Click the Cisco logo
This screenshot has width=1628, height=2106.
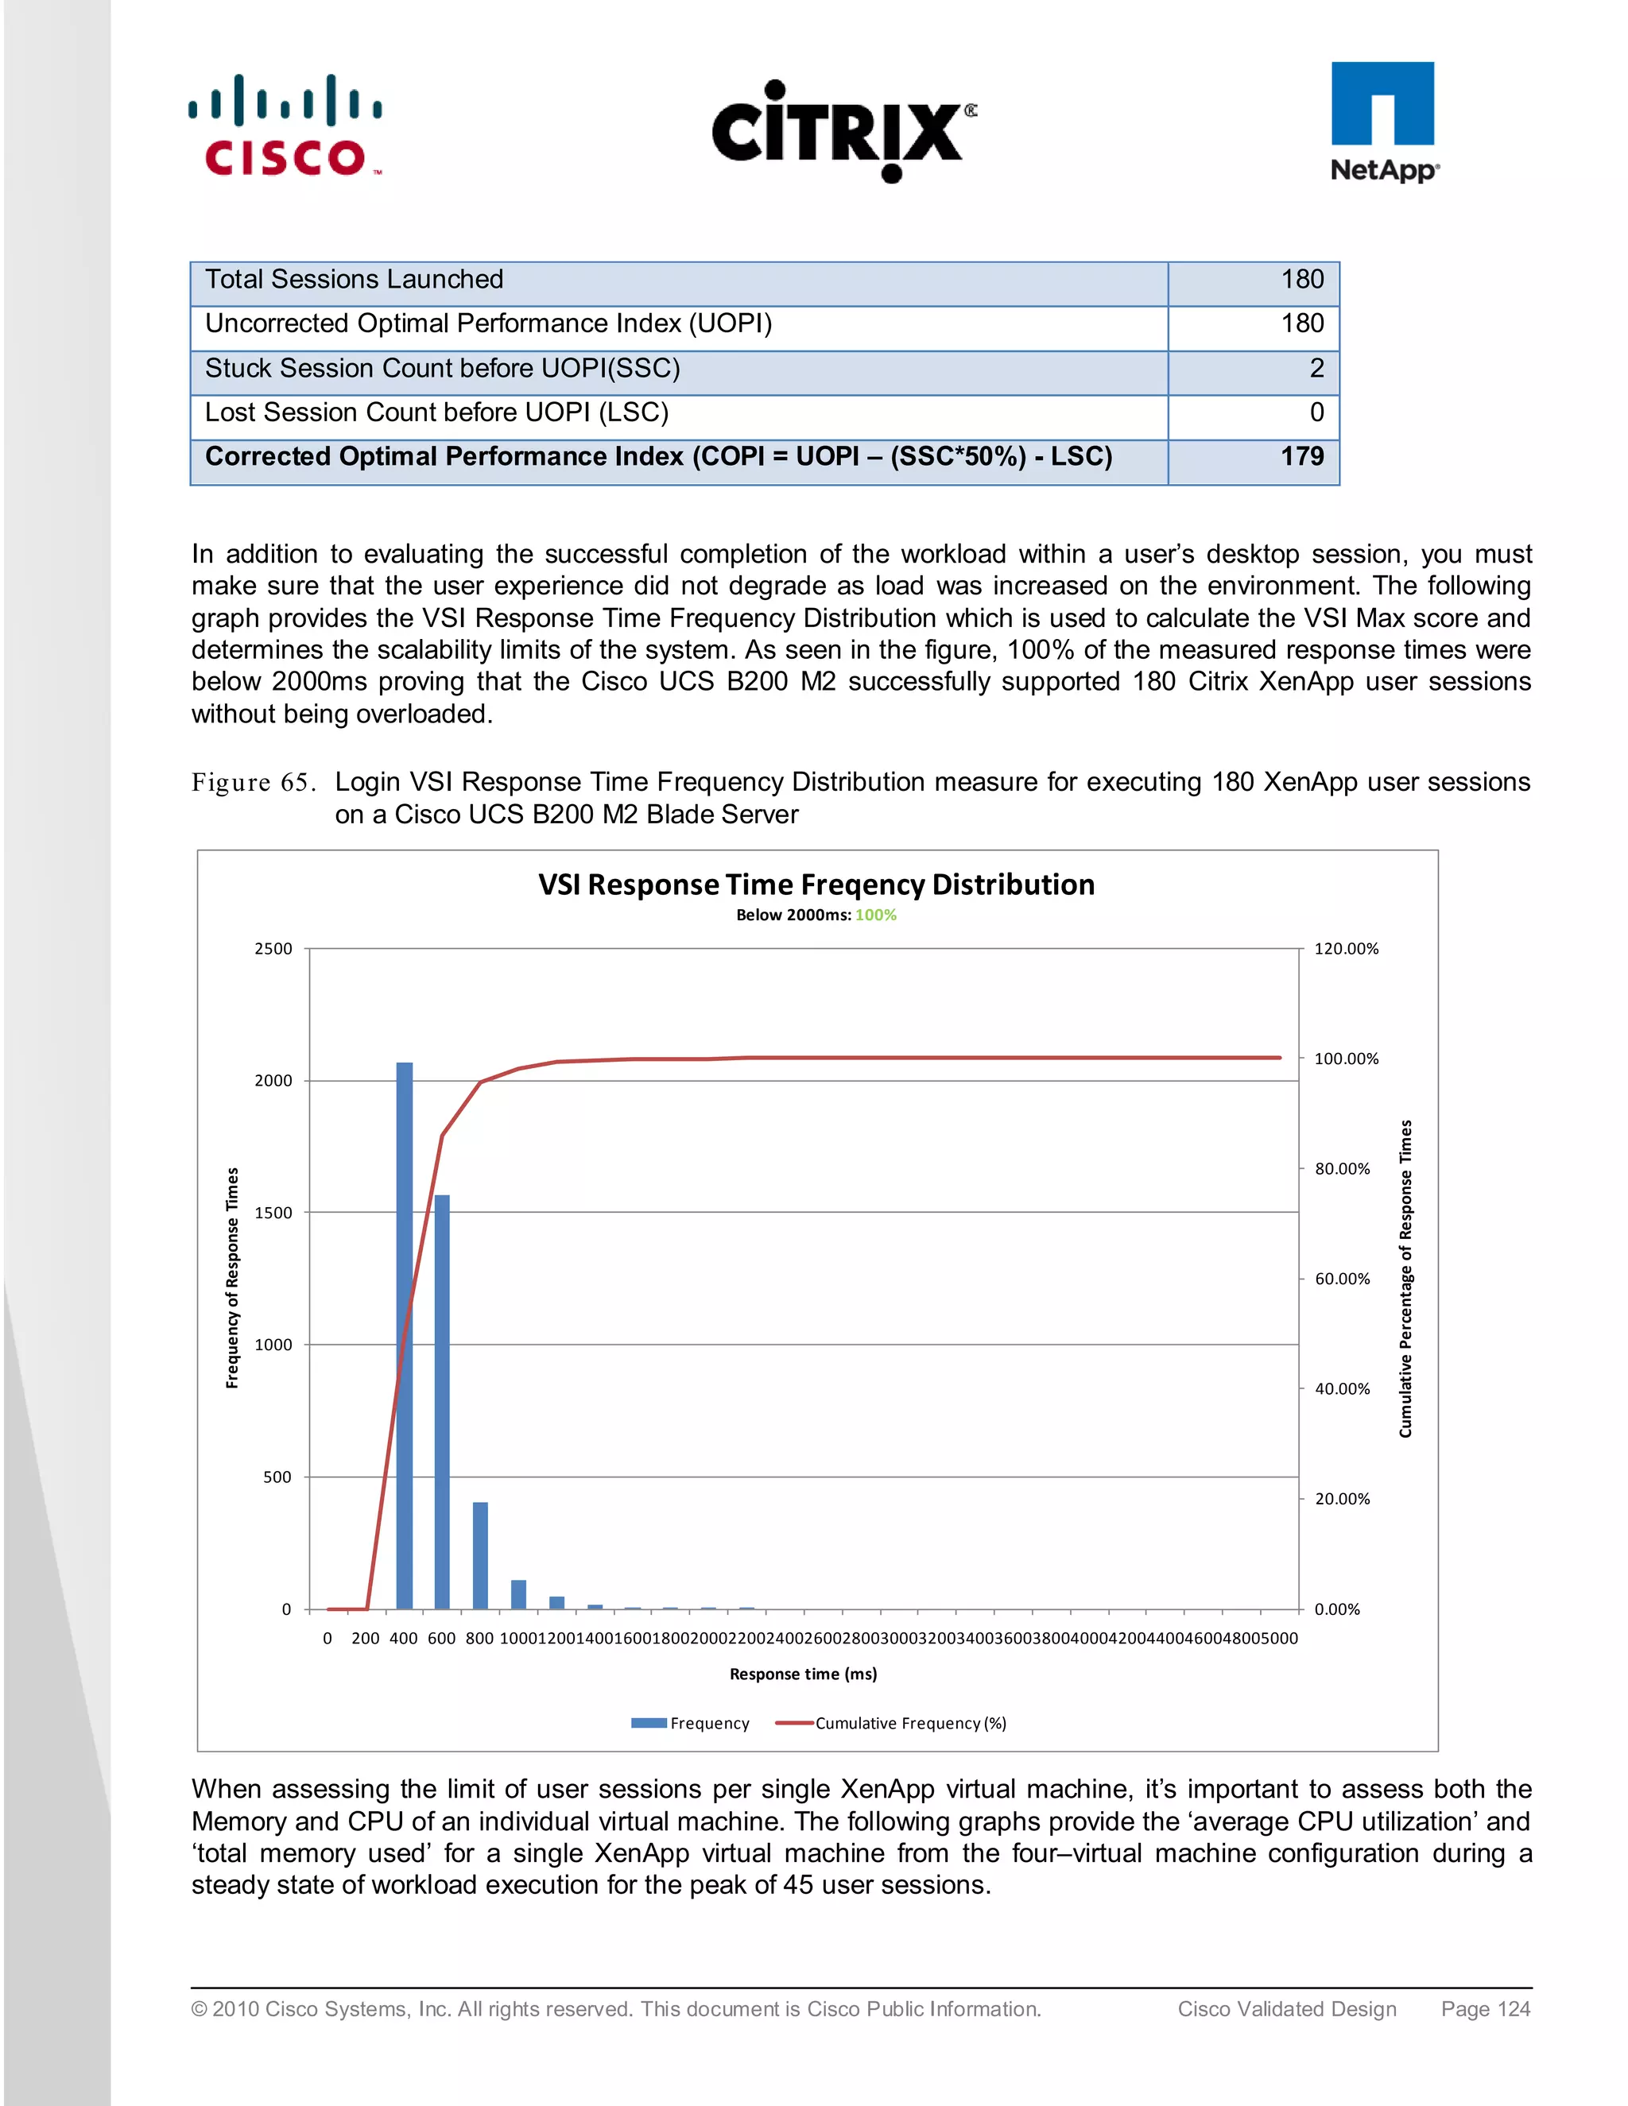285,127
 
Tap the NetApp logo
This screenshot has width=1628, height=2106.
1383,122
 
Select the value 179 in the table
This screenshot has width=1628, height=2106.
1301,456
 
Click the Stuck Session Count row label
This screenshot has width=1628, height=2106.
442,369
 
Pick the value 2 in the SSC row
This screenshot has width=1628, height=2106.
1316,369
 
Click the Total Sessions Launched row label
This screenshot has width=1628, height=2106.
354,280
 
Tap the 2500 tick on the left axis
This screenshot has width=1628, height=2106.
273,949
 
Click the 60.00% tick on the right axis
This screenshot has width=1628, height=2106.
1342,1279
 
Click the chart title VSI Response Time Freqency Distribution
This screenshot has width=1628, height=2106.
816,885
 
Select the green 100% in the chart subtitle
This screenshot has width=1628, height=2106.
876,915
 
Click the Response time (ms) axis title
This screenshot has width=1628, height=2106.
802,1674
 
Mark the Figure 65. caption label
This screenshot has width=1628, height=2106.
253,782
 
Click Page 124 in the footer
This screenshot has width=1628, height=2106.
1485,2008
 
